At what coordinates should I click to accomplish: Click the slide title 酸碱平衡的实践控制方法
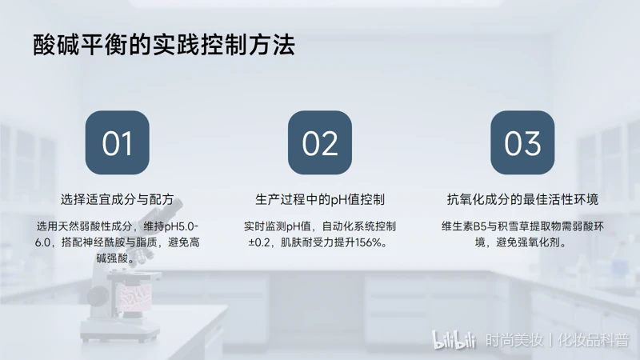click(x=164, y=45)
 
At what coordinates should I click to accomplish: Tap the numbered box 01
click(x=117, y=142)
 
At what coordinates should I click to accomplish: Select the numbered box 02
click(x=320, y=142)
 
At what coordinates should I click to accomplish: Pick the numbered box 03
click(x=522, y=142)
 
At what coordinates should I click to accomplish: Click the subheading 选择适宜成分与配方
click(x=117, y=199)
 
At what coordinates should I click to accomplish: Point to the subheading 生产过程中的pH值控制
click(x=320, y=199)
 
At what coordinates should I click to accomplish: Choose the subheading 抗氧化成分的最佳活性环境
click(x=522, y=199)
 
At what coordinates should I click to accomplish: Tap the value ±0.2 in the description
click(x=259, y=242)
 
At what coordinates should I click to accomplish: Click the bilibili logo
click(x=454, y=340)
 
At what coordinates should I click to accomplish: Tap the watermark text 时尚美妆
click(x=514, y=340)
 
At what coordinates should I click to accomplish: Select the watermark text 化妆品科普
click(x=594, y=340)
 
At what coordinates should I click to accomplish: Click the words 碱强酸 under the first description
click(x=112, y=258)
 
